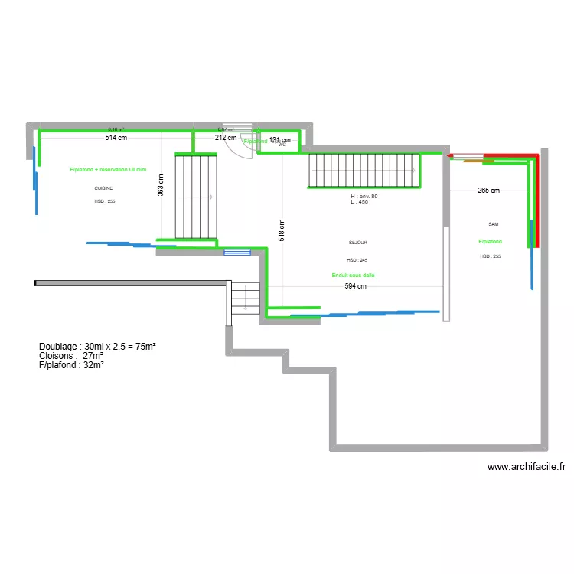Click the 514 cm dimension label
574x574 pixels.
pos(116,139)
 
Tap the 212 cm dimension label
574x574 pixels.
pos(225,139)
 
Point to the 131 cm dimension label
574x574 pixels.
pos(280,140)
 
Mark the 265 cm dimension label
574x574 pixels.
pos(488,191)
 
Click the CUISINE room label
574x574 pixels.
pos(103,188)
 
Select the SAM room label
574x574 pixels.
pos(493,224)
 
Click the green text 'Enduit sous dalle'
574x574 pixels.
pos(353,275)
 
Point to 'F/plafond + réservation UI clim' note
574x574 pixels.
pos(108,169)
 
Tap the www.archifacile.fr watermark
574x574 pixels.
pos(526,467)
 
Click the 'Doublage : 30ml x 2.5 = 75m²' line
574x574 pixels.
pos(97,347)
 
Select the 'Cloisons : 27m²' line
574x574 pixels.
pos(71,356)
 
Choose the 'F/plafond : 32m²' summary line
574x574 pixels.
pos(71,365)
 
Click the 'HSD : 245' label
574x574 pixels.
pos(357,260)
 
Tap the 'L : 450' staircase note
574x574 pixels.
pos(360,202)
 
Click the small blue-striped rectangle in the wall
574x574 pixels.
pos(237,252)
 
